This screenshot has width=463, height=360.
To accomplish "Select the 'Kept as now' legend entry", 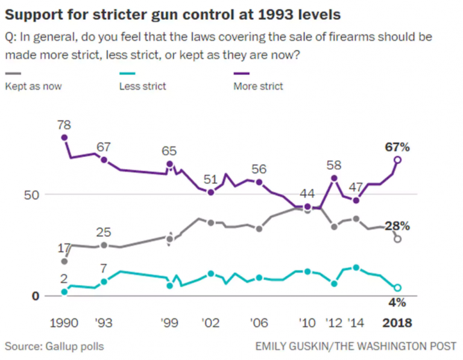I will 33,86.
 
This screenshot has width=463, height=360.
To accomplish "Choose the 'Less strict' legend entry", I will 142,86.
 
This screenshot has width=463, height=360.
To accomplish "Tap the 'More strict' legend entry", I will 258,86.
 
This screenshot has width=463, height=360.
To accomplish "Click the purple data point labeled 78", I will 65,137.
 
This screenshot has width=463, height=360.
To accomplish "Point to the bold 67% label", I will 397,147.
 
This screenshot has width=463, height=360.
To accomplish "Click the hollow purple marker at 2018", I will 397,160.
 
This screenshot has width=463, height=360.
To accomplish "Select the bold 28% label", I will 397,226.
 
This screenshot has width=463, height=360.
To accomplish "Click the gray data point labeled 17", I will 65,261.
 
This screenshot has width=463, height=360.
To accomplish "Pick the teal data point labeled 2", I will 65,292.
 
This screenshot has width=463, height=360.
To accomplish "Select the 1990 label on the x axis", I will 65,323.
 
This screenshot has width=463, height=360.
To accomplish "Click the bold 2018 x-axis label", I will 397,323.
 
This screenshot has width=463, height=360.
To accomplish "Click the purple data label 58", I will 334,165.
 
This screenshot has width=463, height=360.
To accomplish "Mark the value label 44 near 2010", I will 307,194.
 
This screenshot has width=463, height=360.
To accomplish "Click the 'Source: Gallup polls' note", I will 54,346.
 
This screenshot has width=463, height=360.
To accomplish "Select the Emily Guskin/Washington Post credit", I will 356,346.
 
